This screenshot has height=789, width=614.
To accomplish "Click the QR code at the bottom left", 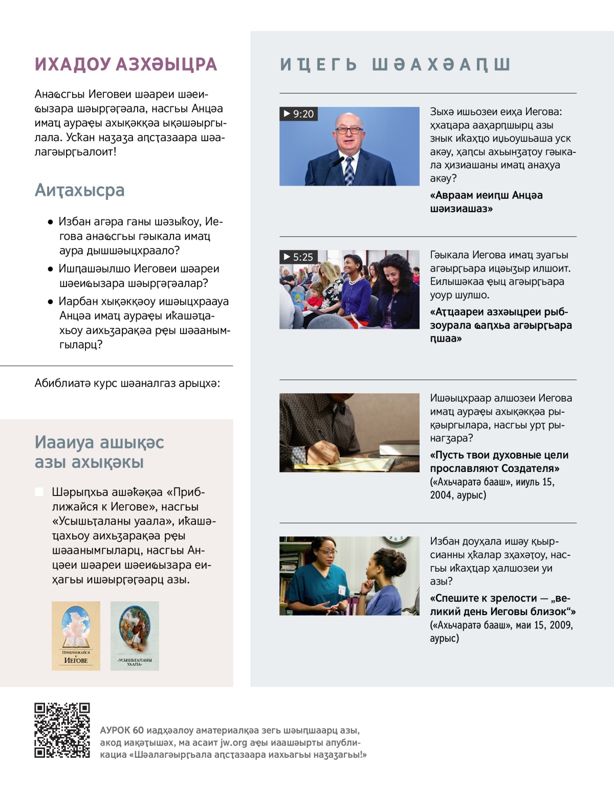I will pyautogui.click(x=62, y=730).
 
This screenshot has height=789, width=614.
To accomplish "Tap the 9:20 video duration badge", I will pyautogui.click(x=299, y=114).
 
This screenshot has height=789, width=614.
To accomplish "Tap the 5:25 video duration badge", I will pyautogui.click(x=298, y=257).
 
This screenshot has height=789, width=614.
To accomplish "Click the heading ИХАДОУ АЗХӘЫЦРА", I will pyautogui.click(x=126, y=64).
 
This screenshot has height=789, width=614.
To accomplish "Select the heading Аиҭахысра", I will pyautogui.click(x=79, y=190).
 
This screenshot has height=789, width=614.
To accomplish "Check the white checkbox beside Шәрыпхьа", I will pyautogui.click(x=39, y=492).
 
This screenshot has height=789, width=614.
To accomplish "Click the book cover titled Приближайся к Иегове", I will pyautogui.click(x=76, y=636).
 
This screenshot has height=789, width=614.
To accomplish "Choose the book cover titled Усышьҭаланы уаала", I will pyautogui.click(x=135, y=636).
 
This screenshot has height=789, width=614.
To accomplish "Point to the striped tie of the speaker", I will pyautogui.click(x=349, y=171).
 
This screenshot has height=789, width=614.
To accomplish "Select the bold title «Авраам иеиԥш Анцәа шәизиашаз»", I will pyautogui.click(x=486, y=202).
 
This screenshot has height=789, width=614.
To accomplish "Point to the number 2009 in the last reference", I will pyautogui.click(x=561, y=625).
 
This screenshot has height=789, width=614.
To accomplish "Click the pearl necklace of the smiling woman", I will pyautogui.click(x=354, y=280).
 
